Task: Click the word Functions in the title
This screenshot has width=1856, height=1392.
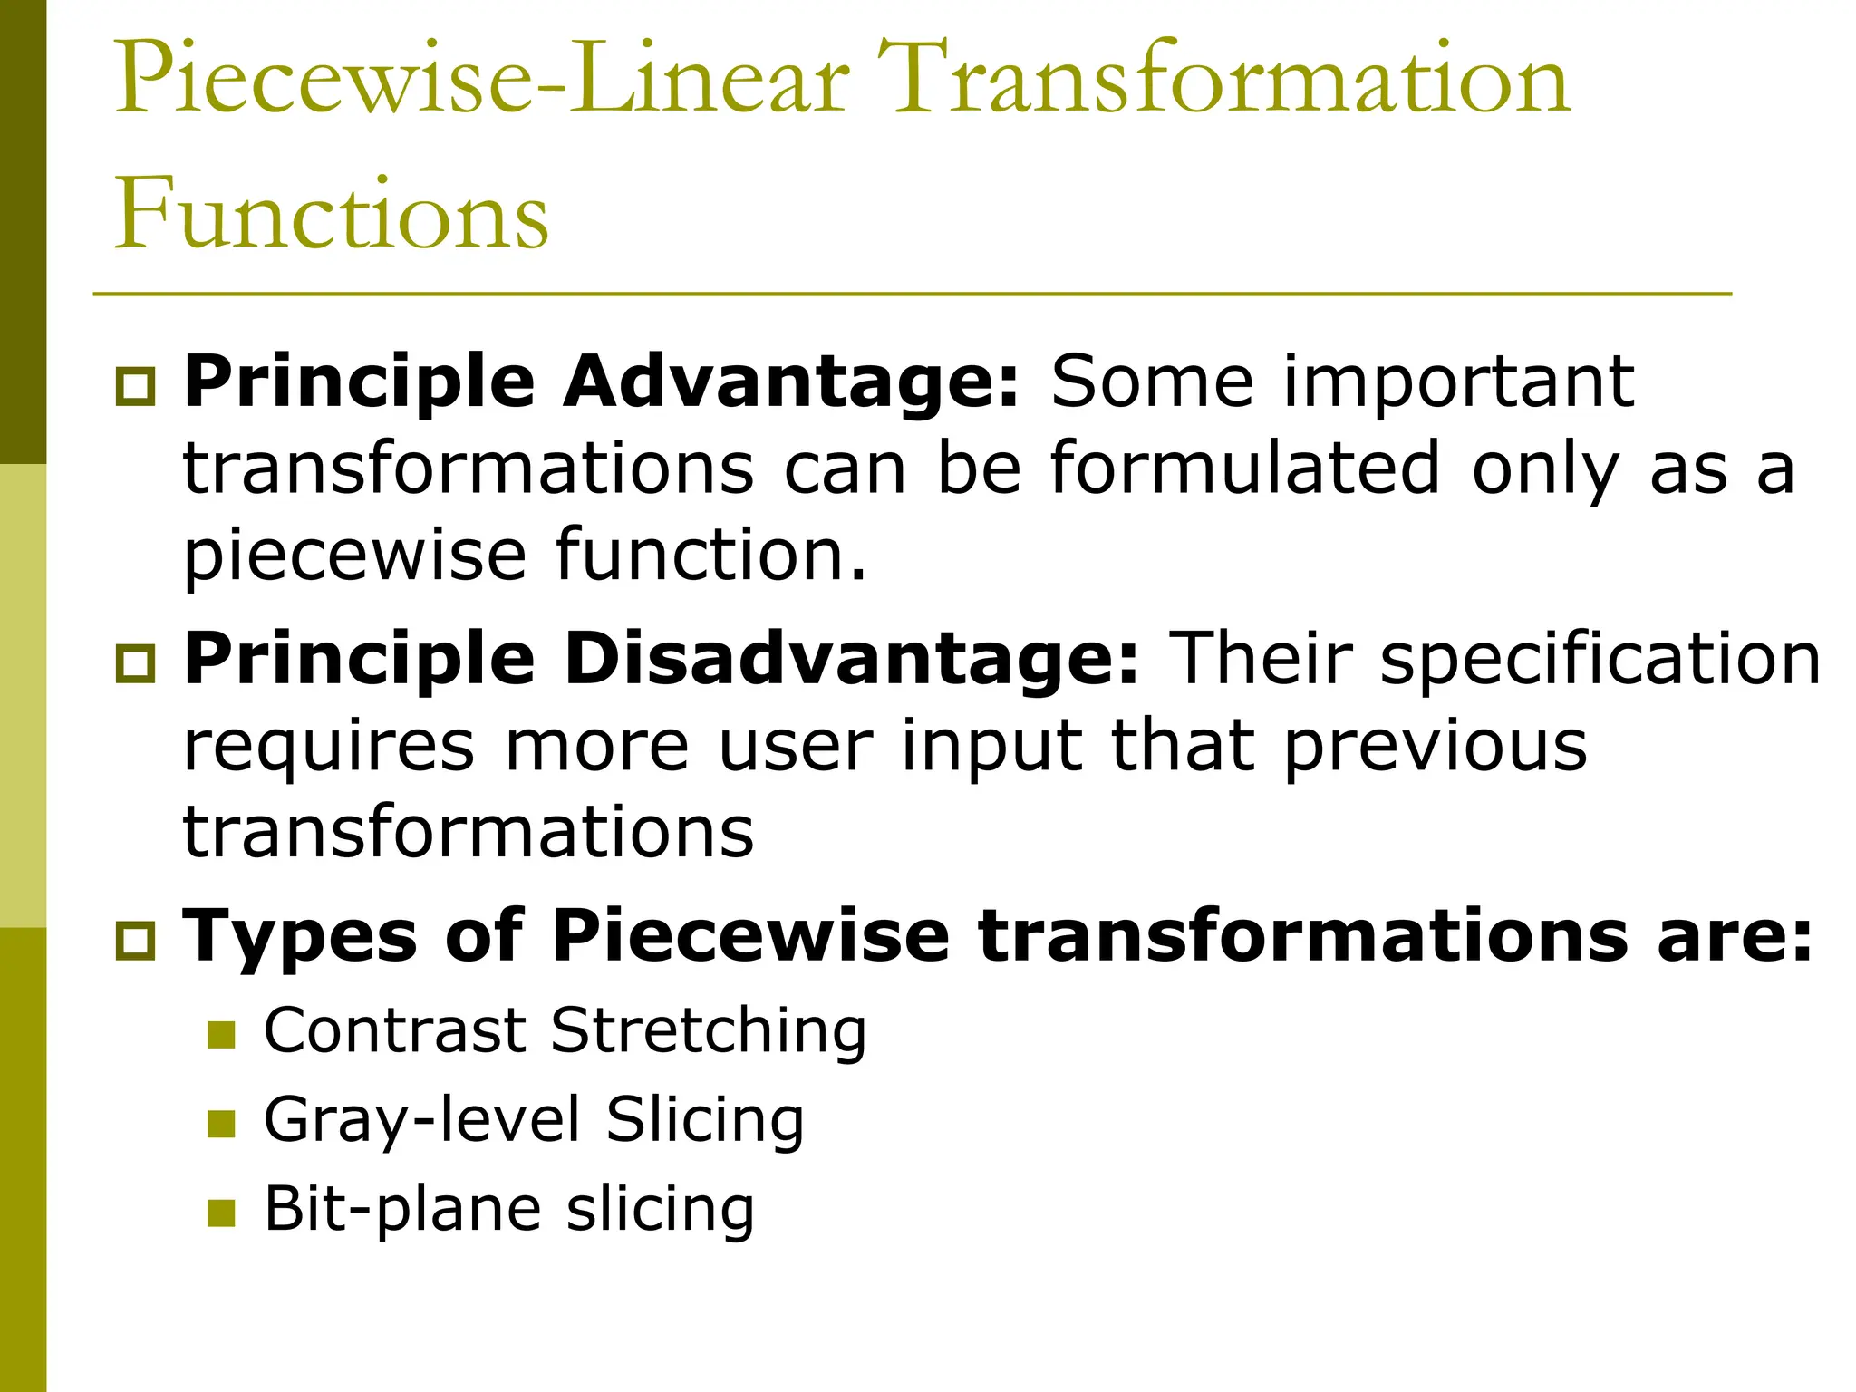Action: coord(331,214)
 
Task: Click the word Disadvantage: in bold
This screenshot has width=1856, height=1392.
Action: coord(851,659)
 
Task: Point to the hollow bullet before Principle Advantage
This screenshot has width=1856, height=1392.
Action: coord(136,387)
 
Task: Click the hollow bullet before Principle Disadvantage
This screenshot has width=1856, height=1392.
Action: coord(136,664)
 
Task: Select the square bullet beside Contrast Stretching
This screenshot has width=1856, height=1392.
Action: coord(221,1035)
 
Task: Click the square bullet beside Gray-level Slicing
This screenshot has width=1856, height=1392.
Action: coord(221,1124)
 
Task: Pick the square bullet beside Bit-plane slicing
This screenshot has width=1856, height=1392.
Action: coord(221,1213)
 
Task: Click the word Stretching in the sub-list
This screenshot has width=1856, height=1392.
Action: coord(708,1032)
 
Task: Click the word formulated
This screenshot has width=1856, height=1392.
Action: coord(1245,469)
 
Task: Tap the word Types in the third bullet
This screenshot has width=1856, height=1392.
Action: coord(300,937)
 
